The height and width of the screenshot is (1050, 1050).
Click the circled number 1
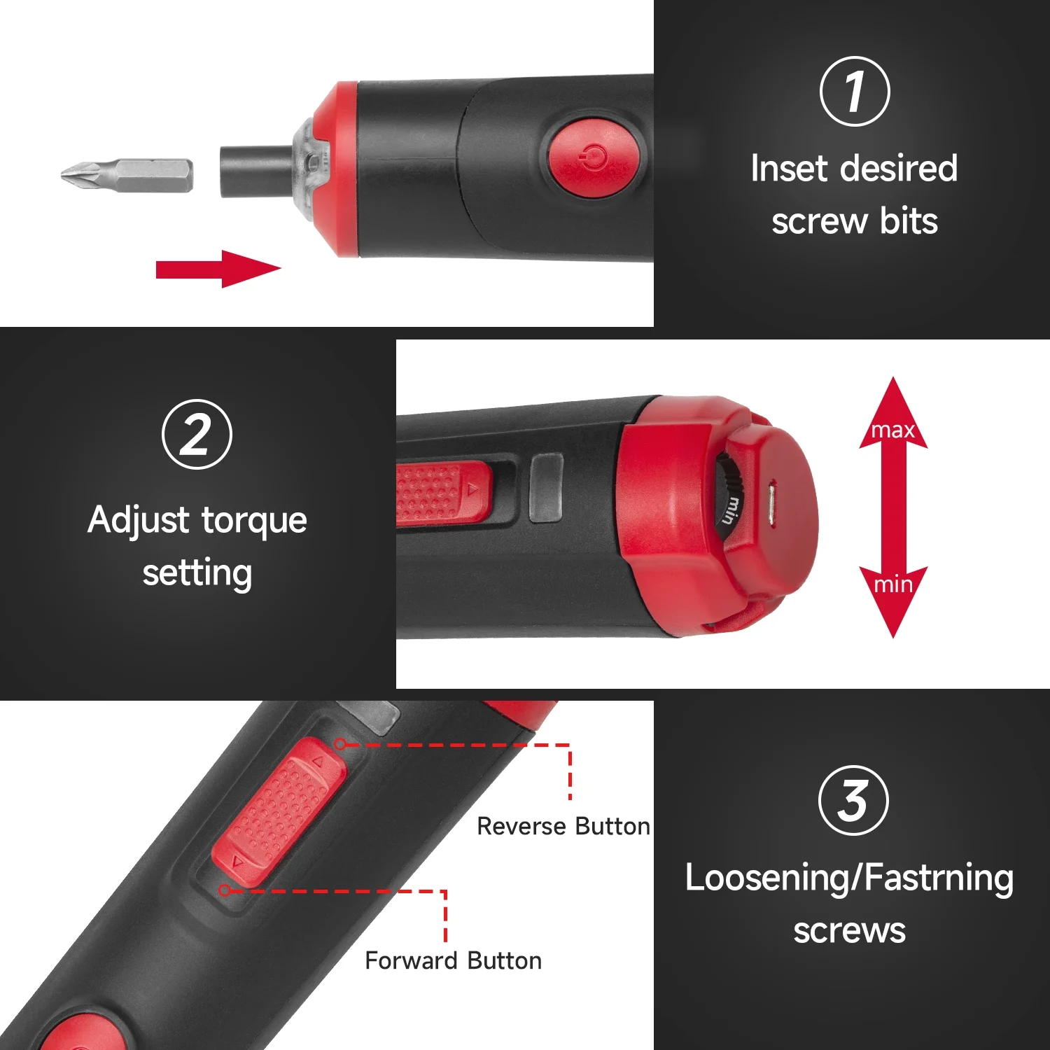pyautogui.click(x=854, y=92)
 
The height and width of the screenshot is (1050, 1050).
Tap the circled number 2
pyautogui.click(x=197, y=434)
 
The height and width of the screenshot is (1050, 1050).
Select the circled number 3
pyautogui.click(x=853, y=800)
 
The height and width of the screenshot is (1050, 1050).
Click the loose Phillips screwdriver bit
pyautogui.click(x=127, y=174)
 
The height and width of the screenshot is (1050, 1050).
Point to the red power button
pyautogui.click(x=594, y=158)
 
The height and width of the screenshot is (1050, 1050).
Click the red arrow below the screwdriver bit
pyautogui.click(x=218, y=269)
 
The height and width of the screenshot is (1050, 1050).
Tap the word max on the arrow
pyautogui.click(x=893, y=430)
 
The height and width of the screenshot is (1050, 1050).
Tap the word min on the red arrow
pyautogui.click(x=893, y=584)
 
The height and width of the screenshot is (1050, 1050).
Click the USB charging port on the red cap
pyautogui.click(x=771, y=503)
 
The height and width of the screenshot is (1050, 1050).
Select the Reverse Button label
pyautogui.click(x=563, y=826)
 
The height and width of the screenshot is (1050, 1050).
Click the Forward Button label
pyautogui.click(x=454, y=960)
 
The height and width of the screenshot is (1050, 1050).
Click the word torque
pyautogui.click(x=254, y=521)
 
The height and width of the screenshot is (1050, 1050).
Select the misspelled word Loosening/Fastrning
pyautogui.click(x=849, y=879)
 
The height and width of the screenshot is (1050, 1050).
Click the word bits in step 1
pyautogui.click(x=909, y=221)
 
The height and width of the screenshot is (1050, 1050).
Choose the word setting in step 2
pyautogui.click(x=197, y=574)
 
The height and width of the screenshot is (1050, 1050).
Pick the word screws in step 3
pyautogui.click(x=850, y=931)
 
